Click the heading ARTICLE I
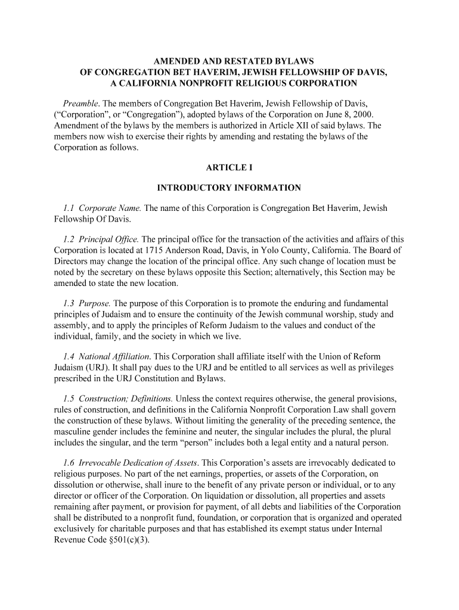coord(229,167)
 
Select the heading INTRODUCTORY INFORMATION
coord(229,188)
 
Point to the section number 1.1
coord(69,208)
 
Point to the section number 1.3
coord(69,303)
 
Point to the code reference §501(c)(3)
coord(122,540)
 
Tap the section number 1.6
coord(69,462)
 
